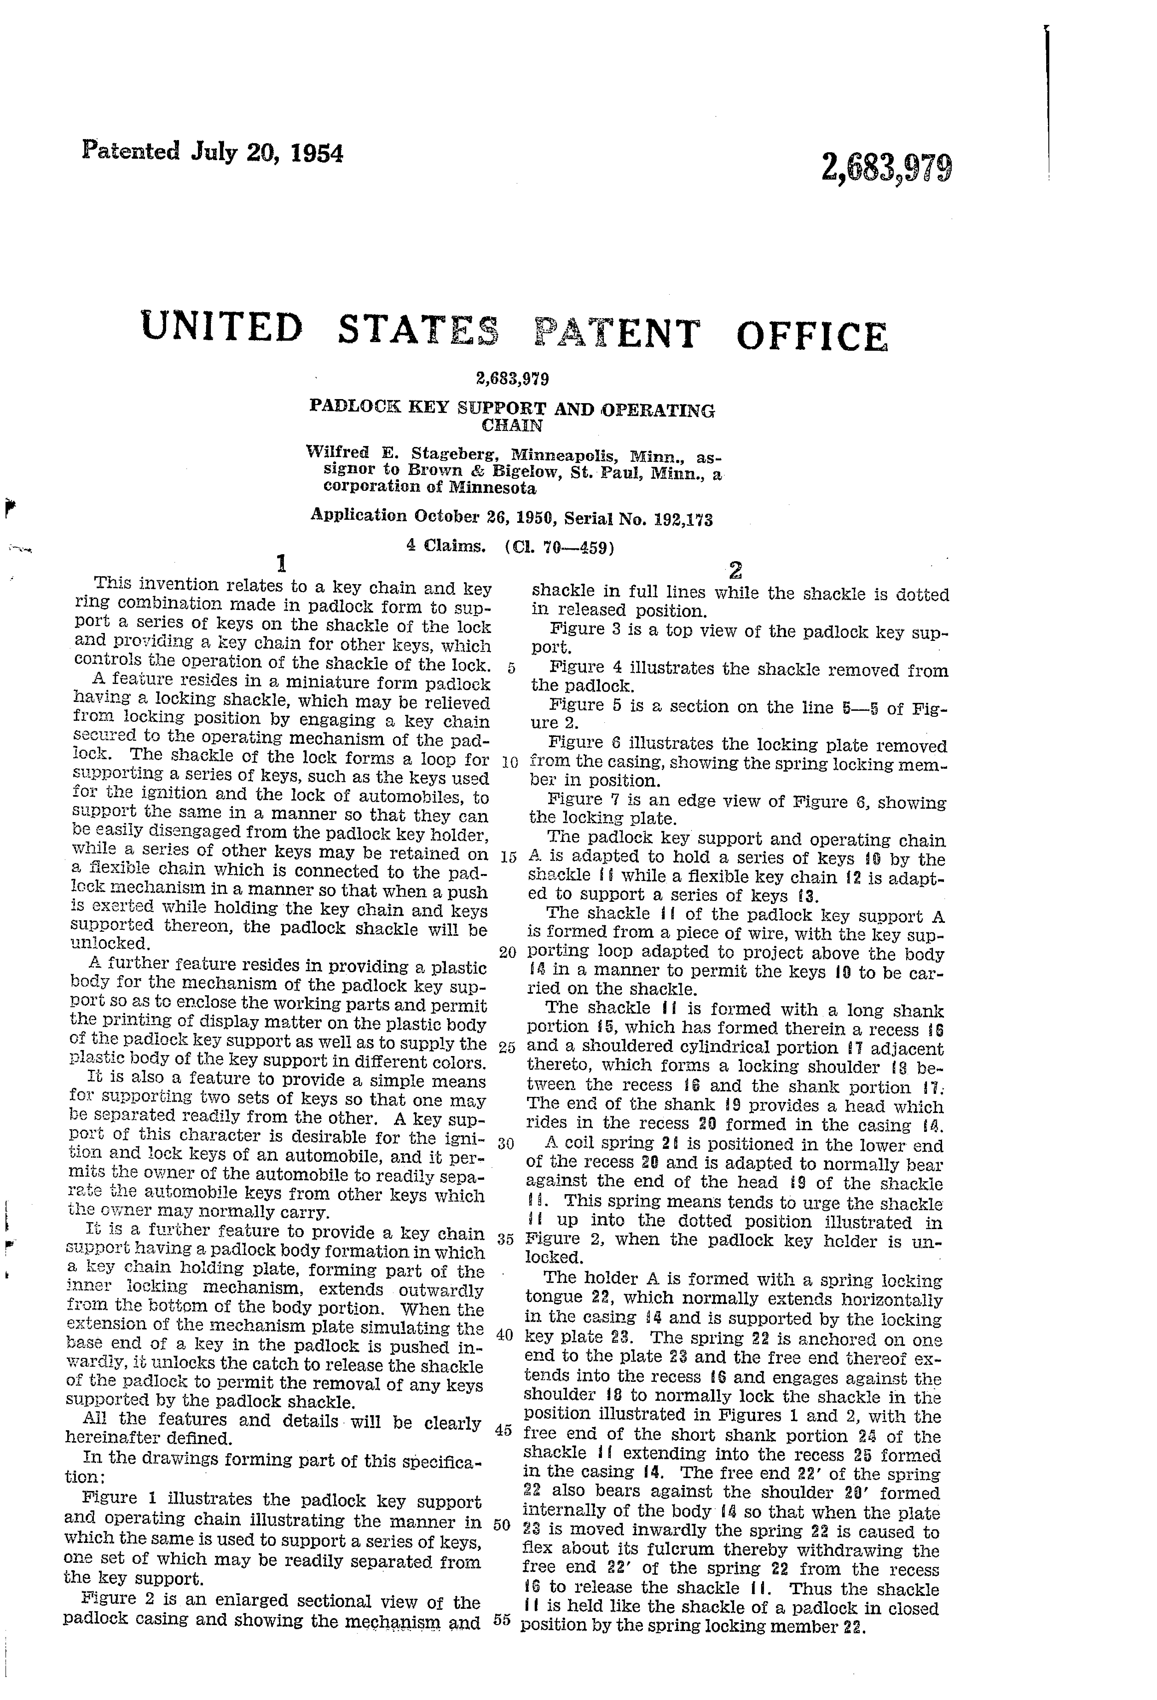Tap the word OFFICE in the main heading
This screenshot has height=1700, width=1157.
point(812,337)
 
